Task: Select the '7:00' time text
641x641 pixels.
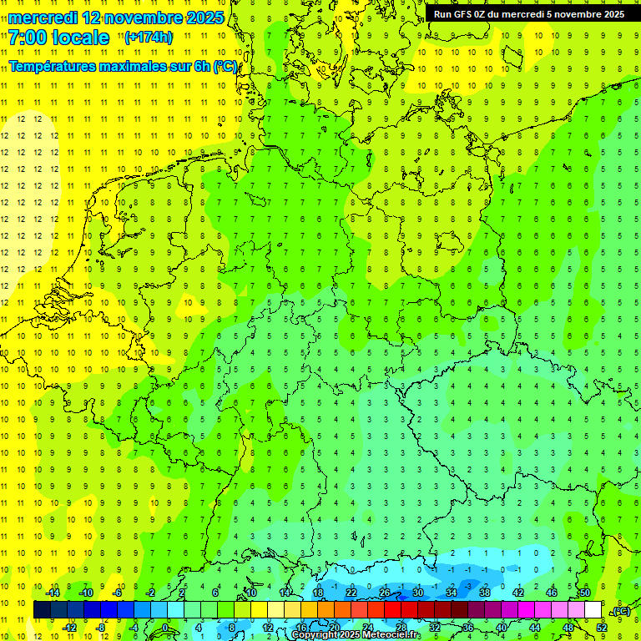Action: click(28, 38)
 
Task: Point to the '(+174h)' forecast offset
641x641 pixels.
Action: click(149, 37)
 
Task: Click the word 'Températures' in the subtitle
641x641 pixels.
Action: click(56, 66)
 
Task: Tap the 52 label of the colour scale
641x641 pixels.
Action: click(602, 628)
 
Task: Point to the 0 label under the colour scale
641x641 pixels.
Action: click(164, 628)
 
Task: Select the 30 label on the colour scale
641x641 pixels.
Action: click(417, 593)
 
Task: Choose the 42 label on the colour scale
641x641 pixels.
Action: click(517, 593)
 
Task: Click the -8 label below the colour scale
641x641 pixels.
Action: click(101, 628)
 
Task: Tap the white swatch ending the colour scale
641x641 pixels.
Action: click(593, 610)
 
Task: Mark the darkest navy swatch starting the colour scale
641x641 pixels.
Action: click(42, 610)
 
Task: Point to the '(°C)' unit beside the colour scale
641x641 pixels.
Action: click(622, 610)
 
